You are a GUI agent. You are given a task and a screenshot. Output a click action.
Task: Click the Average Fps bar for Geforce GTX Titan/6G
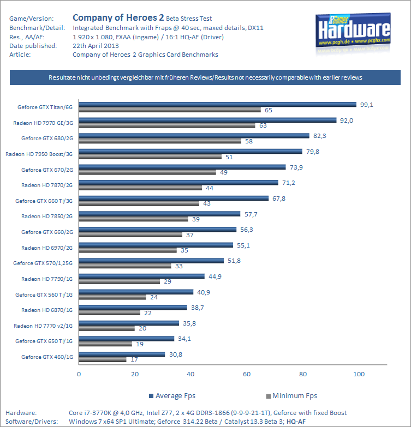218,105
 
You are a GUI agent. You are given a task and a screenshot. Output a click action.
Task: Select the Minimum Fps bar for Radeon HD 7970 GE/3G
167,125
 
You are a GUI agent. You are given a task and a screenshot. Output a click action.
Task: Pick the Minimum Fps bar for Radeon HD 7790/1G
120,281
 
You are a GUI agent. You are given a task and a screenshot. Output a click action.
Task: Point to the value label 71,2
288,182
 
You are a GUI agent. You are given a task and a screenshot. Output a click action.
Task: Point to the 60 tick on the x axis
247,374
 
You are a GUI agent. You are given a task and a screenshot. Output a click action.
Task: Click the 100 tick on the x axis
359,374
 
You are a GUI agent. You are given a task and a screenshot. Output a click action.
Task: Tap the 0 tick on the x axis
79,374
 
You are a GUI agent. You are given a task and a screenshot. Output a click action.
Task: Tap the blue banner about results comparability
205,77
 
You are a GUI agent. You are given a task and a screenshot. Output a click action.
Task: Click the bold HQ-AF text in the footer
296,421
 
